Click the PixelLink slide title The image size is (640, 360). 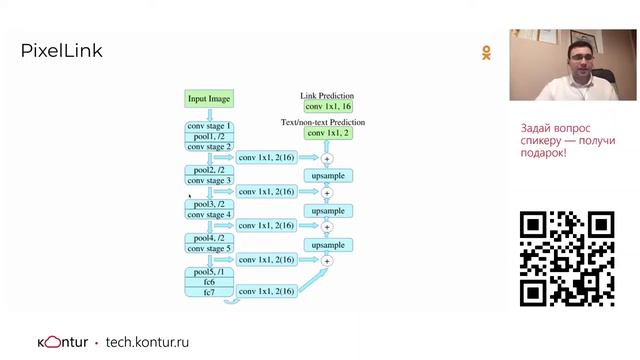61,51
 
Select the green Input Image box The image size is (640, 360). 209,99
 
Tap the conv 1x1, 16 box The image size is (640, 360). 328,107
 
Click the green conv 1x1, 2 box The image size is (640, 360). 328,133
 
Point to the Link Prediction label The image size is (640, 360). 327,96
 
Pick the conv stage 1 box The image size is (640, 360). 209,126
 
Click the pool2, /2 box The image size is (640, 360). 209,170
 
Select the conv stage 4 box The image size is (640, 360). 209,214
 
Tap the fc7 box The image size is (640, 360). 209,292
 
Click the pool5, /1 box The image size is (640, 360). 209,272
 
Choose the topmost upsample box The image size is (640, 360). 328,176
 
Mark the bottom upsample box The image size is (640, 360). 328,245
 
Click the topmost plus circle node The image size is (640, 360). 327,158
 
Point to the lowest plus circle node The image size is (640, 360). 327,261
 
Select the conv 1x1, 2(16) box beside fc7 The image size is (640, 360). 267,291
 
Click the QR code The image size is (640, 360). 567,259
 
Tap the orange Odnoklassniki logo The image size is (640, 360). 486,53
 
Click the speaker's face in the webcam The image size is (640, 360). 581,56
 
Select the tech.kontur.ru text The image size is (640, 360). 147,342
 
